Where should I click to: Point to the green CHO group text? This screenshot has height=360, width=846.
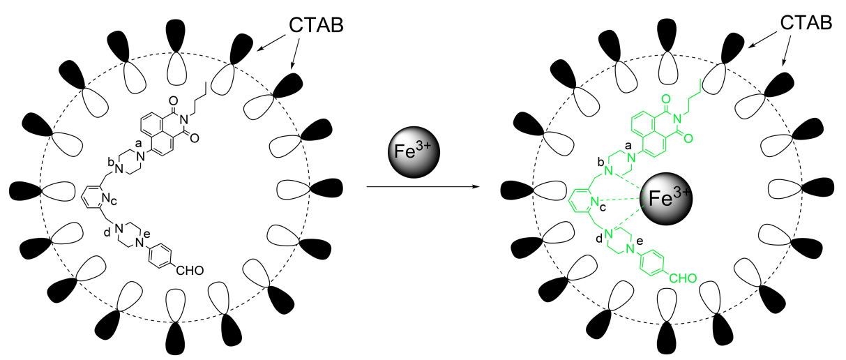pyautogui.click(x=680, y=279)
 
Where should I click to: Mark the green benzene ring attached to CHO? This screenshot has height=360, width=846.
pyautogui.click(x=652, y=261)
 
